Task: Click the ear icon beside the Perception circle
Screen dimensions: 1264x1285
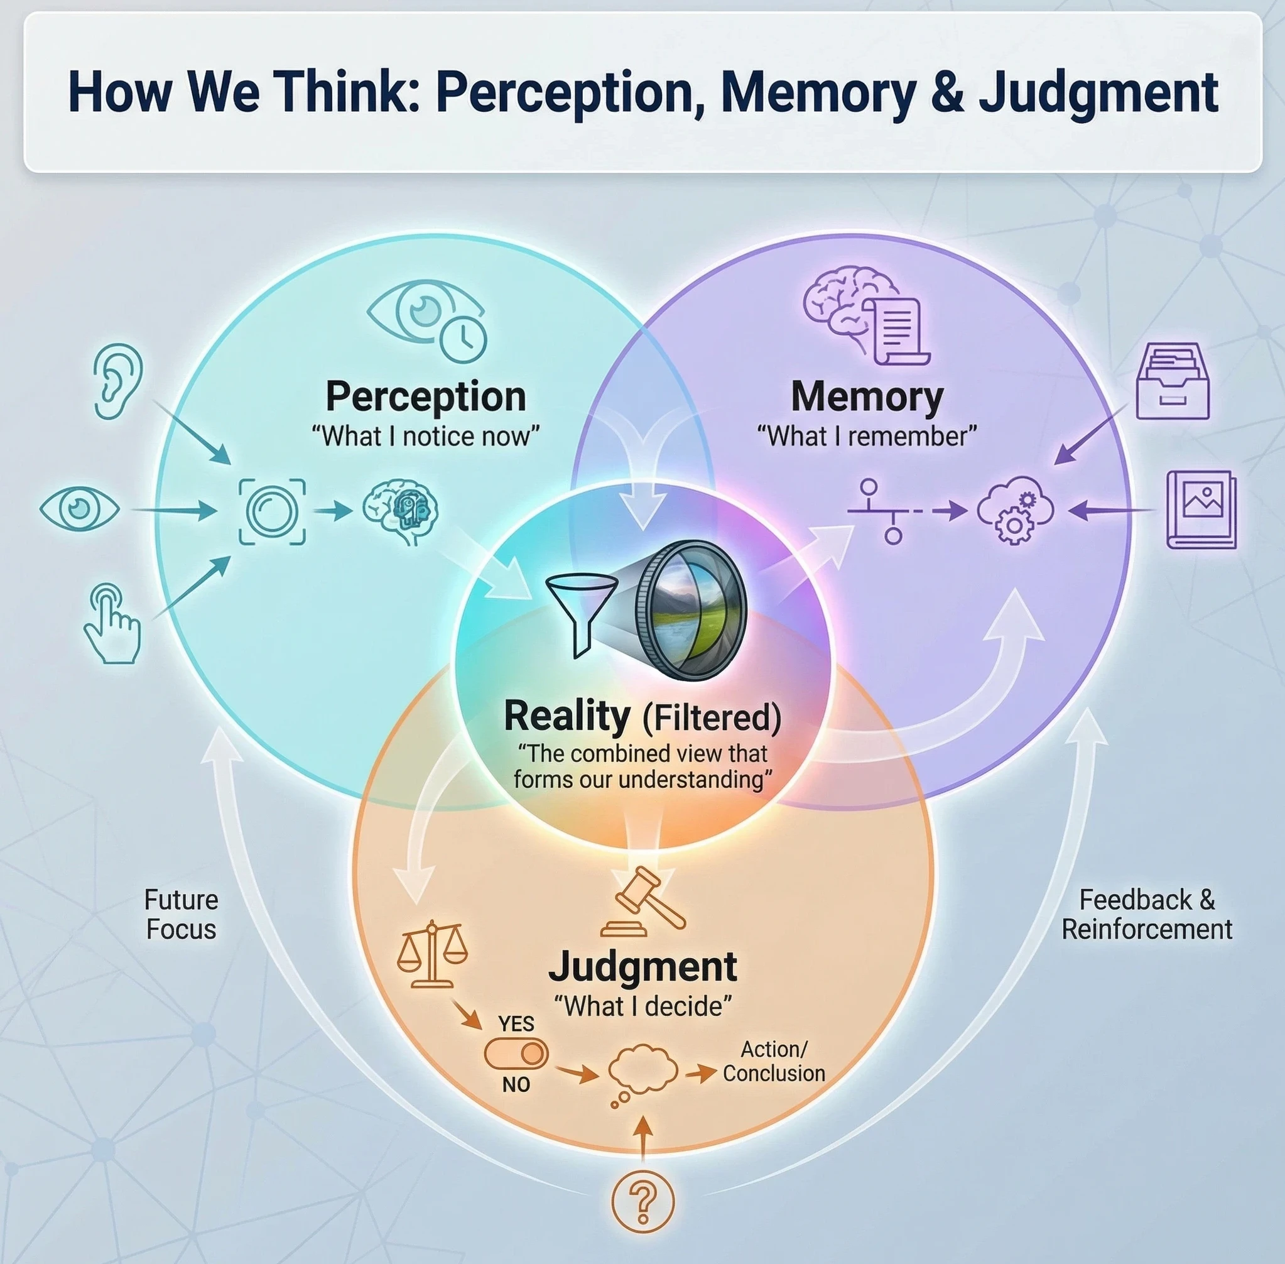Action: [x=118, y=381]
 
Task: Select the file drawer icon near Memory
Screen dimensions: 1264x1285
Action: [x=1172, y=381]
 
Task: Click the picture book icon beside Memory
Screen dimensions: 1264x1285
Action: [x=1201, y=510]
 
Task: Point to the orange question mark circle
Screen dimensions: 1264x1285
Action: [x=642, y=1201]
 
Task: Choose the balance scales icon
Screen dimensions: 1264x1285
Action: [x=432, y=954]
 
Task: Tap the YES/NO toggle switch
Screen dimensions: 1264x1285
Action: [x=516, y=1054]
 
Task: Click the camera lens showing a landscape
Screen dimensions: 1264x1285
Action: [x=690, y=611]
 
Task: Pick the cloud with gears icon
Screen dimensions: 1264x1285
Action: [x=1015, y=511]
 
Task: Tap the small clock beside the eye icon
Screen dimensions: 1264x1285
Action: [x=464, y=339]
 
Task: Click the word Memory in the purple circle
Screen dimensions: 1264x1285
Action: [x=867, y=397]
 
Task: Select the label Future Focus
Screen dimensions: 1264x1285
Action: [x=182, y=915]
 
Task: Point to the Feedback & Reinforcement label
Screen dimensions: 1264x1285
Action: [x=1146, y=915]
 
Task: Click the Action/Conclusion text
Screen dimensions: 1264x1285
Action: [x=773, y=1062]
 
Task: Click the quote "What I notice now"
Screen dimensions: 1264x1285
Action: [x=425, y=437]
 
